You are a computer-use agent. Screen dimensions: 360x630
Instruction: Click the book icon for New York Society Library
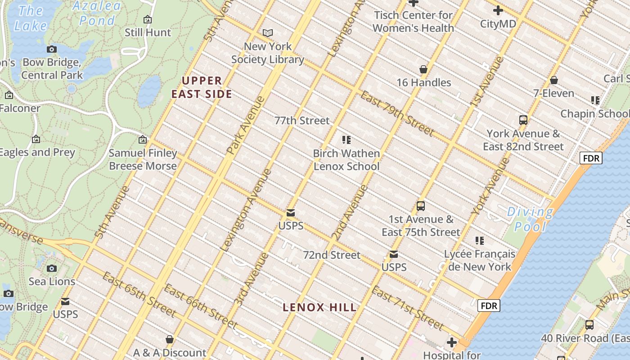(x=268, y=33)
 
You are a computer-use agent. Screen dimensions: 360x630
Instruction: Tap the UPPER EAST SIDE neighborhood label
(x=202, y=87)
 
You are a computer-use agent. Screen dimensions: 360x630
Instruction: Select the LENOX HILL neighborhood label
(x=319, y=307)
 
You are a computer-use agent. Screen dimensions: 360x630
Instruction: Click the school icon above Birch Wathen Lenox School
(x=346, y=140)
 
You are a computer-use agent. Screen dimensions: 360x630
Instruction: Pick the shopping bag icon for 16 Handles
(x=423, y=69)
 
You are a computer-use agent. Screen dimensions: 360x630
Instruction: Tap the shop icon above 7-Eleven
(x=554, y=80)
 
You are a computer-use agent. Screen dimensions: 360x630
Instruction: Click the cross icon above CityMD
(x=498, y=10)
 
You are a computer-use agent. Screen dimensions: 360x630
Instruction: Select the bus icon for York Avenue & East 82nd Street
(x=523, y=120)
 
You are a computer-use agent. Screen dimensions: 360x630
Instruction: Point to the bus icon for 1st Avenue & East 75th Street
(x=421, y=206)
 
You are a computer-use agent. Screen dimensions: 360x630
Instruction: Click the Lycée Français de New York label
(x=480, y=260)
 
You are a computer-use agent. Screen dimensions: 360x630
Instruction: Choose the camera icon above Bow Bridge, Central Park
(x=52, y=49)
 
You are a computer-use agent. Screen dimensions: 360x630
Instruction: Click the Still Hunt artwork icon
(x=147, y=19)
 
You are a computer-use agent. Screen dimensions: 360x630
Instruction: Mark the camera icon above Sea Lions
(x=52, y=268)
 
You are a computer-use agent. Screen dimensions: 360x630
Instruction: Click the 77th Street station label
(x=302, y=120)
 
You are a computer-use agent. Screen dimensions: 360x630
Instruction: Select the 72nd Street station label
(x=331, y=255)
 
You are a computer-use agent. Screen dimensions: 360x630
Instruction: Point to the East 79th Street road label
(x=397, y=113)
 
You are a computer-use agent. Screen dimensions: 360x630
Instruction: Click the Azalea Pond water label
(x=97, y=13)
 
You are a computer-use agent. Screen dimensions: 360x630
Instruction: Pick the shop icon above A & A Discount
(x=170, y=339)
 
